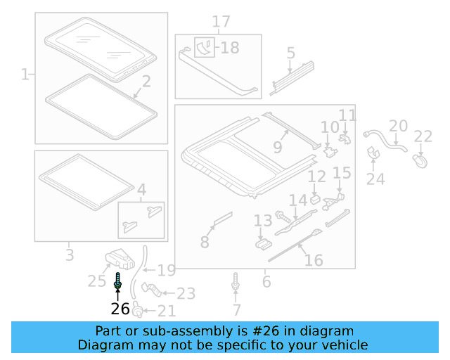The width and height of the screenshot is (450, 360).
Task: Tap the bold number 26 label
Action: [x=120, y=309]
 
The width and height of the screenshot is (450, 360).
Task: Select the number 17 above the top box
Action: [x=221, y=22]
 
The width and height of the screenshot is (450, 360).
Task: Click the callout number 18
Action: [x=229, y=48]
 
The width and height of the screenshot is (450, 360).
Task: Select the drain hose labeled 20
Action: [x=383, y=139]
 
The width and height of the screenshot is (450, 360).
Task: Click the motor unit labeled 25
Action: [x=120, y=259]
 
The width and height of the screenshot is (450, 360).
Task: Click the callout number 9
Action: [x=277, y=148]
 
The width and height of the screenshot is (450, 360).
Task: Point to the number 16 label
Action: [x=314, y=260]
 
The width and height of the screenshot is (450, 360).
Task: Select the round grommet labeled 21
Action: [x=139, y=309]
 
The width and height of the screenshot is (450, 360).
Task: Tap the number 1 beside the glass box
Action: [x=25, y=74]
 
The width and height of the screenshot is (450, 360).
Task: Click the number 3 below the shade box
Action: [x=69, y=254]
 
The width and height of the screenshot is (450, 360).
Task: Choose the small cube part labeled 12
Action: [x=316, y=198]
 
